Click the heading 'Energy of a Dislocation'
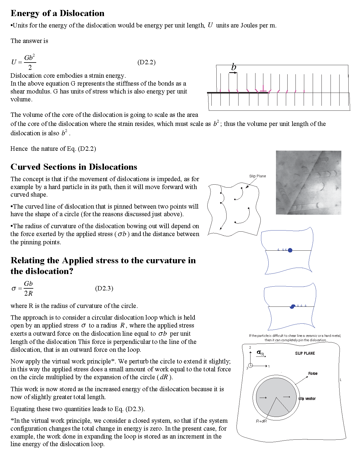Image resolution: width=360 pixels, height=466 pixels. click(x=58, y=13)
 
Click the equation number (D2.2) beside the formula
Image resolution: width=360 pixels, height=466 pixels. click(x=146, y=62)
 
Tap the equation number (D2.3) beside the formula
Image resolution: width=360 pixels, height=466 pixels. click(x=104, y=288)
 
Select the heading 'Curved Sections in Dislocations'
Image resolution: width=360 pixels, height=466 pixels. click(x=74, y=167)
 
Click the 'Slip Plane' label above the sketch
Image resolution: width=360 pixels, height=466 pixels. click(x=258, y=176)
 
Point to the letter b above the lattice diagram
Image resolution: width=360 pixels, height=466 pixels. click(x=234, y=67)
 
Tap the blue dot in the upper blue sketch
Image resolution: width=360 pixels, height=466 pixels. click(x=290, y=250)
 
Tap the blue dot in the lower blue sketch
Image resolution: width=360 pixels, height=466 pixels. click(x=292, y=306)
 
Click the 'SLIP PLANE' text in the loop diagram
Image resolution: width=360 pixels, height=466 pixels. click(x=305, y=353)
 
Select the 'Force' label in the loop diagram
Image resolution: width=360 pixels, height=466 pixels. click(x=313, y=373)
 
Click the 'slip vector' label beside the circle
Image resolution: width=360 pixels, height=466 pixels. click(x=307, y=399)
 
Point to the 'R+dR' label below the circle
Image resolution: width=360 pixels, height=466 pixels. click(x=261, y=421)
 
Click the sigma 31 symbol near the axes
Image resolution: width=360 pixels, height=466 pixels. click(x=260, y=353)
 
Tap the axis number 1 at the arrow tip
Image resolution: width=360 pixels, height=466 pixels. click(x=269, y=366)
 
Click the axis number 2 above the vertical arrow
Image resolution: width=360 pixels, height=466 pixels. click(x=250, y=348)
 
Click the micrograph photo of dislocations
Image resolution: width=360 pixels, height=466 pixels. click(x=308, y=183)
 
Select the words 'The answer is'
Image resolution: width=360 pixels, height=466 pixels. click(x=29, y=41)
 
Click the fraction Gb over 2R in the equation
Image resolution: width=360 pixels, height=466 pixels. click(x=28, y=288)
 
